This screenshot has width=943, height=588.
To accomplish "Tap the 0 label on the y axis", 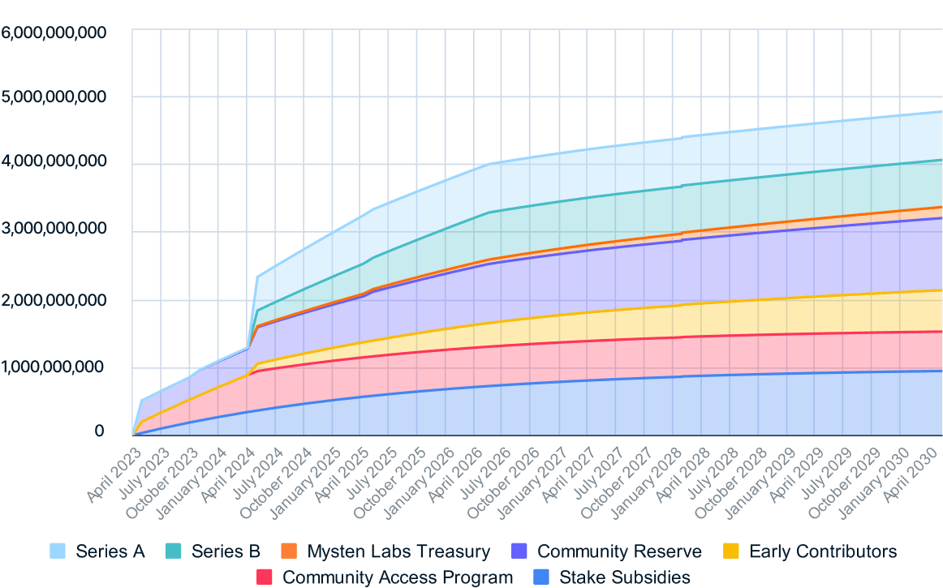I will tap(99, 431).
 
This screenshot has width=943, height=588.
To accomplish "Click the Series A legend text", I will tap(110, 552).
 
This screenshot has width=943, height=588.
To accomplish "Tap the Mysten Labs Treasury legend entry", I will tap(398, 552).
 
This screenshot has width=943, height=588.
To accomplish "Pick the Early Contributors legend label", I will tap(823, 552).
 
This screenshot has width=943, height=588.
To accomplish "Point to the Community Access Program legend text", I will tap(397, 577).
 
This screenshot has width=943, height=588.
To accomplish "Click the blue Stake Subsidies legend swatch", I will tap(542, 577).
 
